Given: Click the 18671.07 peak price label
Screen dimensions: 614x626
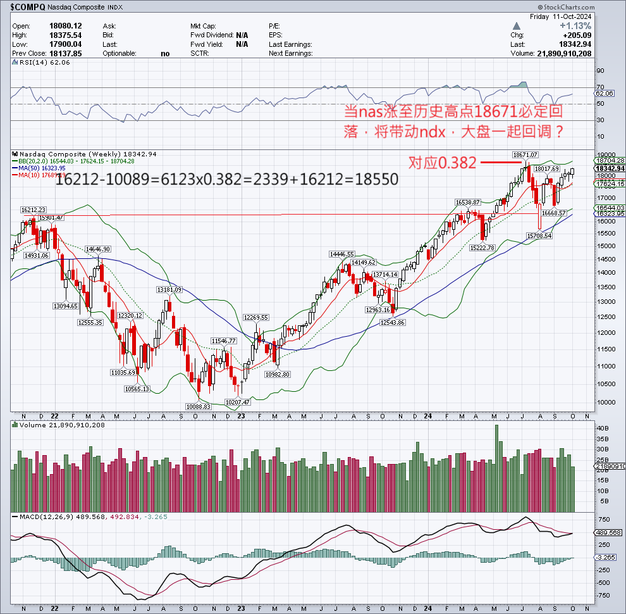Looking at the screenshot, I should point(525,154).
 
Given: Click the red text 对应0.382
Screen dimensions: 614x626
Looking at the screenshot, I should point(442,163).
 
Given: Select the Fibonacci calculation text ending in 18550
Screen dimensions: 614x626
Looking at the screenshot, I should point(227,179).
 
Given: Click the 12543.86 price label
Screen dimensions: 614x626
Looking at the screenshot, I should point(392,322).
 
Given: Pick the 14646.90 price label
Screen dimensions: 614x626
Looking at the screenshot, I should point(99,249).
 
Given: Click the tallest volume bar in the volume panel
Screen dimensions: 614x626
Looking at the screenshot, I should point(496,468).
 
